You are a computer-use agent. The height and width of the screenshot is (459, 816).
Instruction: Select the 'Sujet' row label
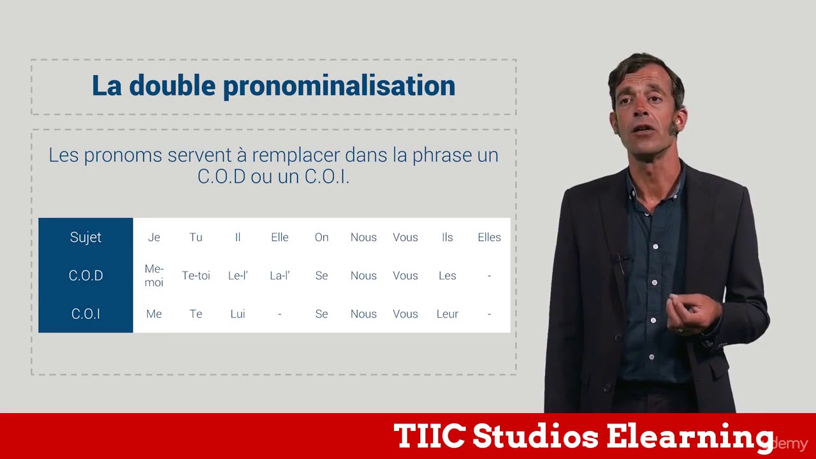(x=85, y=237)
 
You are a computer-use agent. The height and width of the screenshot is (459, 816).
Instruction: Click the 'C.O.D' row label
(x=85, y=275)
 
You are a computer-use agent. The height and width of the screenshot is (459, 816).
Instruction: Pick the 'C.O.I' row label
(x=85, y=314)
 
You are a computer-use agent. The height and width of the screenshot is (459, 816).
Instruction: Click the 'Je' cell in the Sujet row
(x=154, y=237)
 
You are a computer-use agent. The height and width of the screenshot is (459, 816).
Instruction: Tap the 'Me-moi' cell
(x=154, y=275)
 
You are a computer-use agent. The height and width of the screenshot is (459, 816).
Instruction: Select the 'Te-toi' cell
(x=196, y=275)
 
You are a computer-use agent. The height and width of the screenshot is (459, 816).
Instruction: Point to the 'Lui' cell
(x=238, y=314)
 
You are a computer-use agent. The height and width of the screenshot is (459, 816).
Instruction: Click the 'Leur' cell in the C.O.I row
(x=447, y=314)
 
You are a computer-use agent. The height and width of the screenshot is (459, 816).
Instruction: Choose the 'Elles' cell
(x=489, y=237)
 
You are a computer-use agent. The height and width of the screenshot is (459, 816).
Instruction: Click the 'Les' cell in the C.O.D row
(x=447, y=275)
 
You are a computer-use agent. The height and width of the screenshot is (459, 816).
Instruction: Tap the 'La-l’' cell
(x=280, y=275)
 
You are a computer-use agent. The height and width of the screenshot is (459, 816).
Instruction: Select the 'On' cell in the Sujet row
(x=321, y=237)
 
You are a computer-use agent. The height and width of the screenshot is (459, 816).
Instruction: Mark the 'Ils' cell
(x=447, y=237)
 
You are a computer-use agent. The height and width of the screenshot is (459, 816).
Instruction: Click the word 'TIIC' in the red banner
(x=429, y=437)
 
